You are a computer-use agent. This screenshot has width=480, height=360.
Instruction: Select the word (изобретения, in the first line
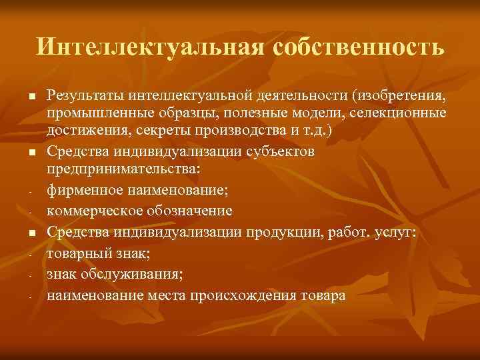[x=400, y=98]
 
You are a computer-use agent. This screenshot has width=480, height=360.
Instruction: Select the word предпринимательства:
[x=123, y=168]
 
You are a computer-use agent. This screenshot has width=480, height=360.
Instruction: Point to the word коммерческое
[x=87, y=211]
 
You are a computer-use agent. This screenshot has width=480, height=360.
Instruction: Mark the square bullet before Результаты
[x=31, y=98]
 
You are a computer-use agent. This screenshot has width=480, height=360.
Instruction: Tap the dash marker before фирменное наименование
[x=31, y=192]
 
